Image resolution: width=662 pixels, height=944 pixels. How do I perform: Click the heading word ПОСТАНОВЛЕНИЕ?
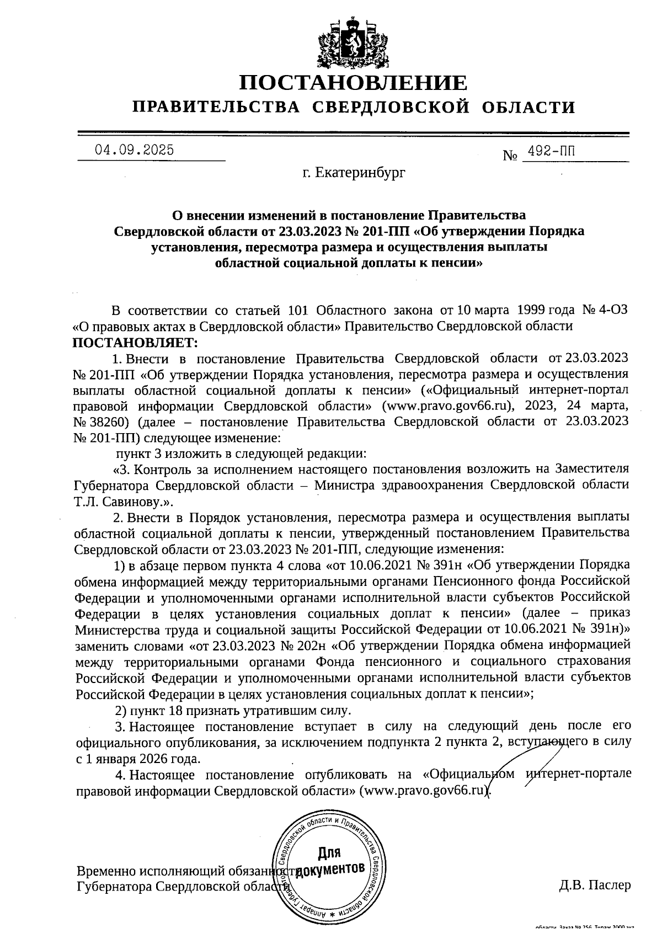(x=353, y=83)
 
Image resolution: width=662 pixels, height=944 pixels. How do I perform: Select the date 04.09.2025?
(x=134, y=150)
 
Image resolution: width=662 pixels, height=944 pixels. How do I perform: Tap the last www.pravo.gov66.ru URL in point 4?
(x=424, y=791)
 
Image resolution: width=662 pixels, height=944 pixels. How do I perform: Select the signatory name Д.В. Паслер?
(x=594, y=886)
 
